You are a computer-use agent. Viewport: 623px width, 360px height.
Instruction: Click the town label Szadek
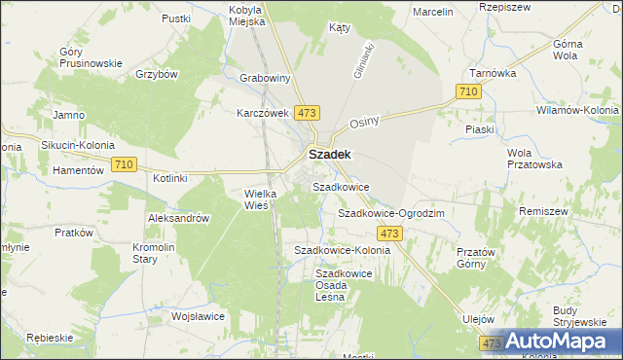(330, 154)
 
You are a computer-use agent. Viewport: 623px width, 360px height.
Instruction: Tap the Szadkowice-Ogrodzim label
(390, 212)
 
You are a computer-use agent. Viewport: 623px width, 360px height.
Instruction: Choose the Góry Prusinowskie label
(91, 57)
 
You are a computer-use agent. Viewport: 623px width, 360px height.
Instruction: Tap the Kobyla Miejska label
(246, 17)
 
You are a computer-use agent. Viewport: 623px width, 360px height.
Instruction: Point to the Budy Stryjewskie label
(572, 316)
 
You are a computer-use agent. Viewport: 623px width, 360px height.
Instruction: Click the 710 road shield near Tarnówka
(468, 91)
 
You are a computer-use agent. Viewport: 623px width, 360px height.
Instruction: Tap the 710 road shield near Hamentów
(124, 165)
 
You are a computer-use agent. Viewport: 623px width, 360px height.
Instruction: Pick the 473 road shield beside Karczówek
(309, 114)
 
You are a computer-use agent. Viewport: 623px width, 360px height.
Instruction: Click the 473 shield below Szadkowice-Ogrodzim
(390, 234)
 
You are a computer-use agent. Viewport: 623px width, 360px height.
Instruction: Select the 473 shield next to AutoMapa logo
(491, 344)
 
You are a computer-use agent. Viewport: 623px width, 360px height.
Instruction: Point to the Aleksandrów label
(178, 219)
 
